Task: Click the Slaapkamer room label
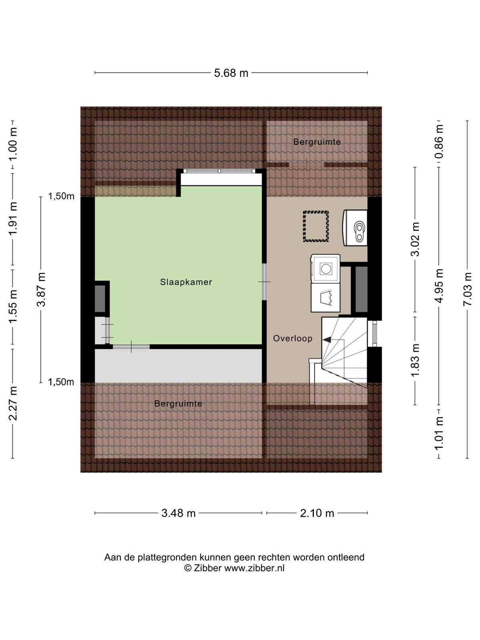186,282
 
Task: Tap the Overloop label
293,338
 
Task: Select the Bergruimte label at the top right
317,142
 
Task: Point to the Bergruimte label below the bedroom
178,404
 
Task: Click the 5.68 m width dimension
231,73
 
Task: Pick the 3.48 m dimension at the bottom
178,513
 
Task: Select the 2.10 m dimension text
317,513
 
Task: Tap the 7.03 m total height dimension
468,289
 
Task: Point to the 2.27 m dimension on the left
13,403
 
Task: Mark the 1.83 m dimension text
415,360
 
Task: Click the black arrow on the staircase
326,339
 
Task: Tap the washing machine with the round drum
325,268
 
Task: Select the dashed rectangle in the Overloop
316,226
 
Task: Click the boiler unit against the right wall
355,228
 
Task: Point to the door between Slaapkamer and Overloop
264,282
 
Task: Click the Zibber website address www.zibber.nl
254,568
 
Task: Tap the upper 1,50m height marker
61,196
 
